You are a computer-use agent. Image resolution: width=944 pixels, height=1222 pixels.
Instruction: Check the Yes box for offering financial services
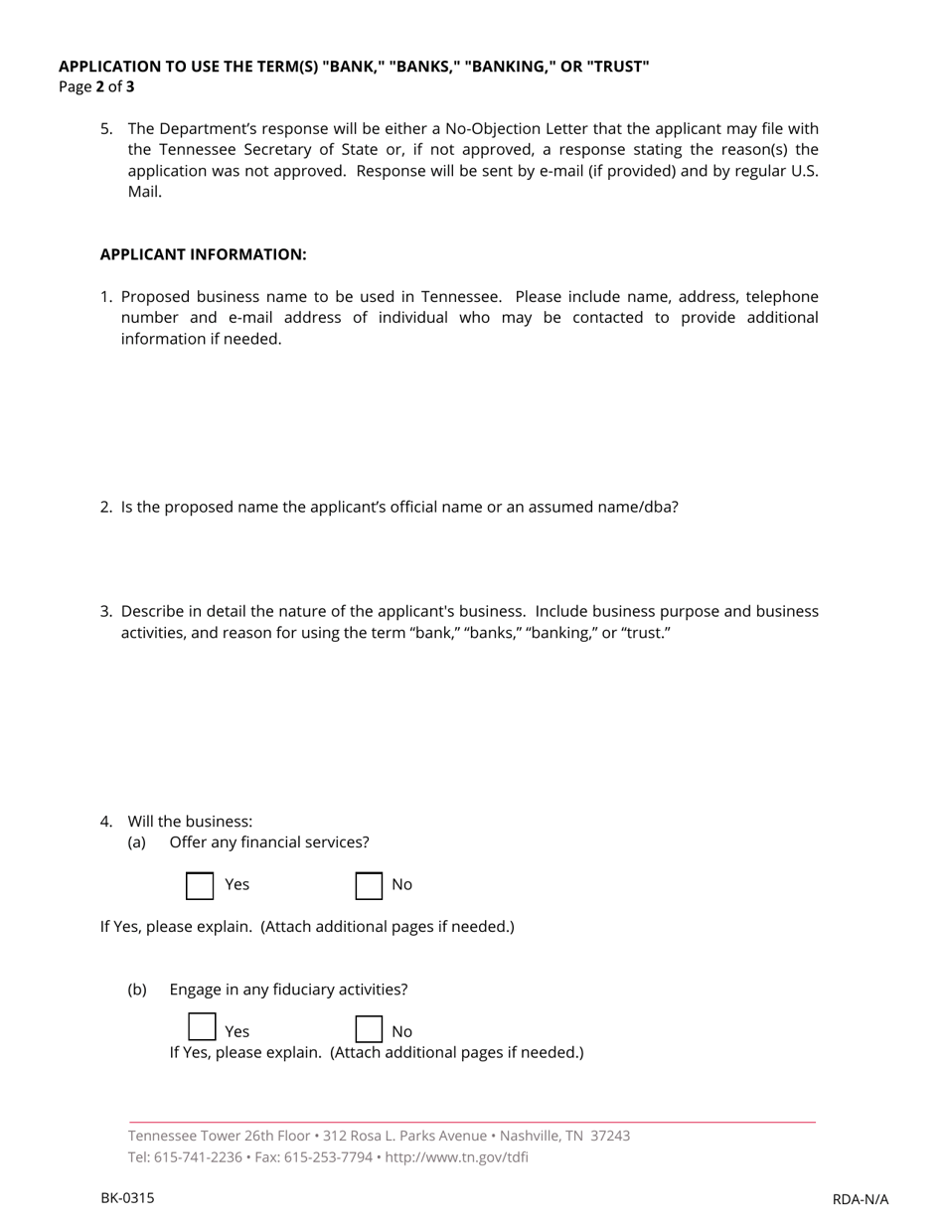point(200,885)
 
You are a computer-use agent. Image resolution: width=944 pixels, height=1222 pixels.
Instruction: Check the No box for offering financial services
point(369,885)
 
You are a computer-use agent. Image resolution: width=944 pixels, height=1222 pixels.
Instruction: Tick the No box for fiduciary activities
point(369,1029)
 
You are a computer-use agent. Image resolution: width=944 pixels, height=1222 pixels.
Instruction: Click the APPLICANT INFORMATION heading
point(203,254)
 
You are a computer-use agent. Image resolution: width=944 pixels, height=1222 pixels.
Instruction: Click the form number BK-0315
point(127,1198)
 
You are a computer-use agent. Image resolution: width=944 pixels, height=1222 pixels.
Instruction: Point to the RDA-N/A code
point(860,1199)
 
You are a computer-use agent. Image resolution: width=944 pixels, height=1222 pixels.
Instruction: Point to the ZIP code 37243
point(610,1136)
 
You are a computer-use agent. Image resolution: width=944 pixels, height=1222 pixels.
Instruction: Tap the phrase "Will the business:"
point(190,822)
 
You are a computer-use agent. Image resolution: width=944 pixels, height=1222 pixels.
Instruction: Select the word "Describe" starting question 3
point(153,611)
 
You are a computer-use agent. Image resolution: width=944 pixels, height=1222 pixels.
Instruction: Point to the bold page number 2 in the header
point(100,86)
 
